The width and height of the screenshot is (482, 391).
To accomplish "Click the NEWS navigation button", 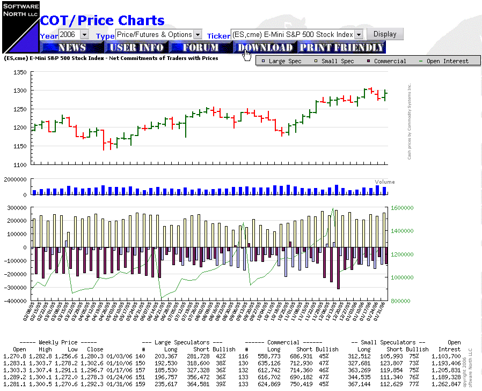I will tap(72, 48).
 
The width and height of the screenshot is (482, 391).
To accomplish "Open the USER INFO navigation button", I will tap(136, 48).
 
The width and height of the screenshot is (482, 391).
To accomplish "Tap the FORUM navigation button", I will tap(201, 48).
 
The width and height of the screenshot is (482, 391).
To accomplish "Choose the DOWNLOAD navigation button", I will tap(265, 48).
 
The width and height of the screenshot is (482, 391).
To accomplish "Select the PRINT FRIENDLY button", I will tap(341, 48).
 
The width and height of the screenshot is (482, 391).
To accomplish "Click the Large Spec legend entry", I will tap(281, 61).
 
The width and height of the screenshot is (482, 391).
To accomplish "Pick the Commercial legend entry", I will tap(386, 61).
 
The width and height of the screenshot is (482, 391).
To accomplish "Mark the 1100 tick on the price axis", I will tap(20, 165).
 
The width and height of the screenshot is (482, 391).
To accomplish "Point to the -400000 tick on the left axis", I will tap(17, 301).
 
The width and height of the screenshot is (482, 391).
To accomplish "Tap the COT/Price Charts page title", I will tap(102, 20).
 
